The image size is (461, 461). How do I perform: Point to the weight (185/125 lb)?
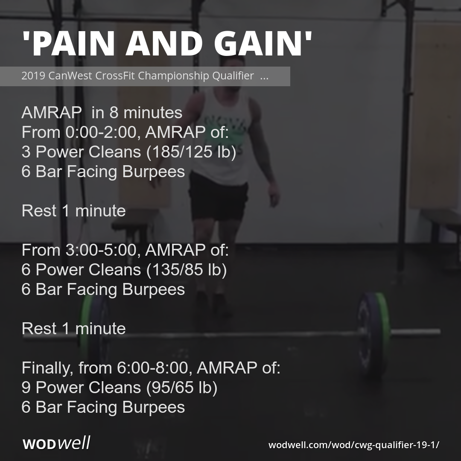[x=191, y=152]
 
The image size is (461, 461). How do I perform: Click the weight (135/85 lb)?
[x=187, y=270]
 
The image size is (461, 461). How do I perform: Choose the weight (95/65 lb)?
[x=182, y=388]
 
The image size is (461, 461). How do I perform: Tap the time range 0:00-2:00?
[x=100, y=132]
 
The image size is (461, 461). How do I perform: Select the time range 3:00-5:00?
[x=100, y=250]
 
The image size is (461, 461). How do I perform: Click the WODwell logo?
[x=56, y=443]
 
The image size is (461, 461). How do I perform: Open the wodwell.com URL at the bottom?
[x=353, y=445]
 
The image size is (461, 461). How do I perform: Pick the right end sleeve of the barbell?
[x=416, y=332]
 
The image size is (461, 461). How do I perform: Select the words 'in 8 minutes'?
[x=137, y=113]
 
